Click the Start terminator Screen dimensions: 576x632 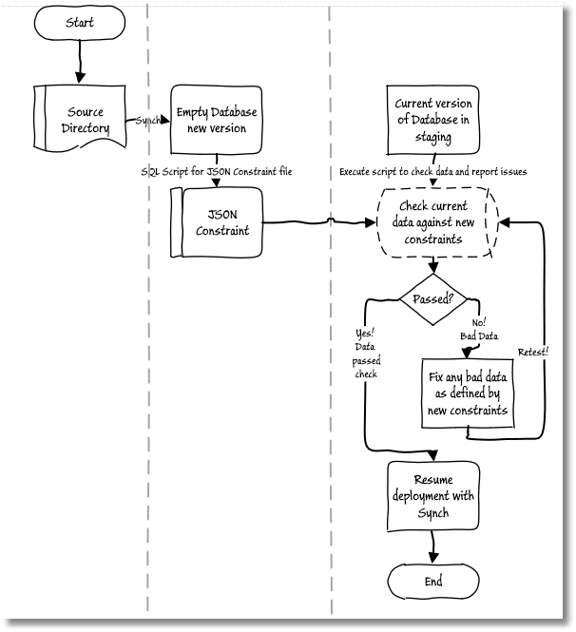(80, 23)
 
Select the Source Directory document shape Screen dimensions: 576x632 (80, 119)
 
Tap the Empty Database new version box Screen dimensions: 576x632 (217, 120)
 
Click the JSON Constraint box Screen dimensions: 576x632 (217, 222)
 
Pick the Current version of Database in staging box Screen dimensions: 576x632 (432, 120)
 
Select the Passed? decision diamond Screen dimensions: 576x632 (432, 299)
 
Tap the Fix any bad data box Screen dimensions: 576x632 (468, 393)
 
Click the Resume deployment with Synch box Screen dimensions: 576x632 (433, 496)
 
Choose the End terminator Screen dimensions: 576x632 (433, 582)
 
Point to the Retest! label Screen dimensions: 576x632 (533, 352)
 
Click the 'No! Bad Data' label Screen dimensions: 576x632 (479, 329)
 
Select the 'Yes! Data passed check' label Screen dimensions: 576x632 (366, 354)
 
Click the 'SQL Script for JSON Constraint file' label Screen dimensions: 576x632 (217, 171)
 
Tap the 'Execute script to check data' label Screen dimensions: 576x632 (432, 172)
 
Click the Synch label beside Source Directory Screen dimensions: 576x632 (148, 120)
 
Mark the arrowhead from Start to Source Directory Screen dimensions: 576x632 (80, 78)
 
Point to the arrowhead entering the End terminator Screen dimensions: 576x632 (433, 558)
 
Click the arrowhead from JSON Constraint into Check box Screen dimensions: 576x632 (371, 222)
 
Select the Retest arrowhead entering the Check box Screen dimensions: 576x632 (505, 222)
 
